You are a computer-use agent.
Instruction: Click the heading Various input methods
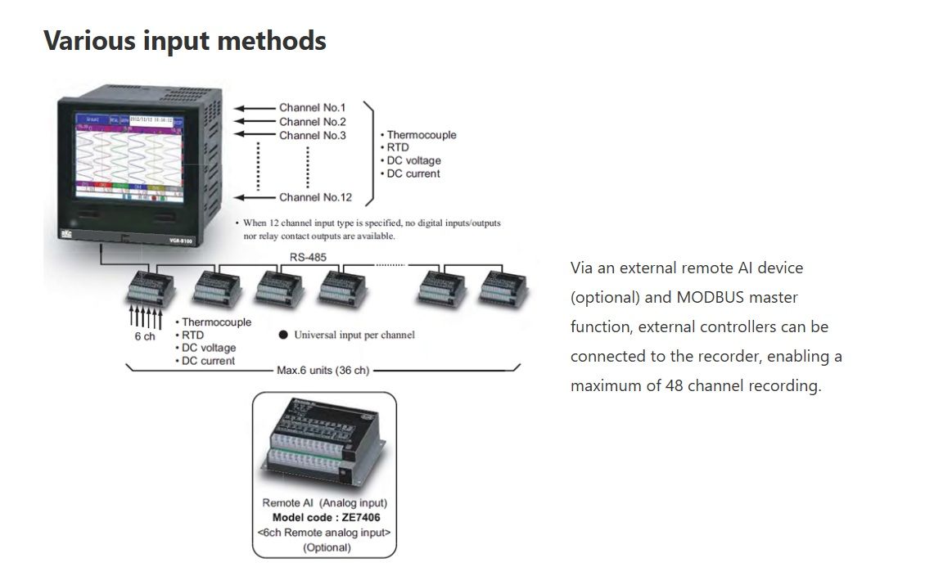(x=184, y=40)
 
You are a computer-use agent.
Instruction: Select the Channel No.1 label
(x=312, y=107)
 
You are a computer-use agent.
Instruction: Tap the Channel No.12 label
(x=315, y=197)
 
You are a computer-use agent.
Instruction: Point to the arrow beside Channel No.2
(x=255, y=121)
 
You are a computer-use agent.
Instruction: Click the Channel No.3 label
(x=312, y=135)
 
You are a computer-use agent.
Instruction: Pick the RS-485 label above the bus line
(x=307, y=256)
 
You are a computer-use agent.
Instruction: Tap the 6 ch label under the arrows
(x=144, y=337)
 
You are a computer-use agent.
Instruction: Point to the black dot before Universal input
(x=283, y=335)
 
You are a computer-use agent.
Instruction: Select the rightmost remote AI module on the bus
(x=502, y=289)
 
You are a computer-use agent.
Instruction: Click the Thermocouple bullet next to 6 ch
(x=216, y=322)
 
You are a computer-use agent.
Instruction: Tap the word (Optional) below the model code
(x=326, y=547)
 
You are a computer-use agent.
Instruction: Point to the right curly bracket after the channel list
(x=369, y=153)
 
